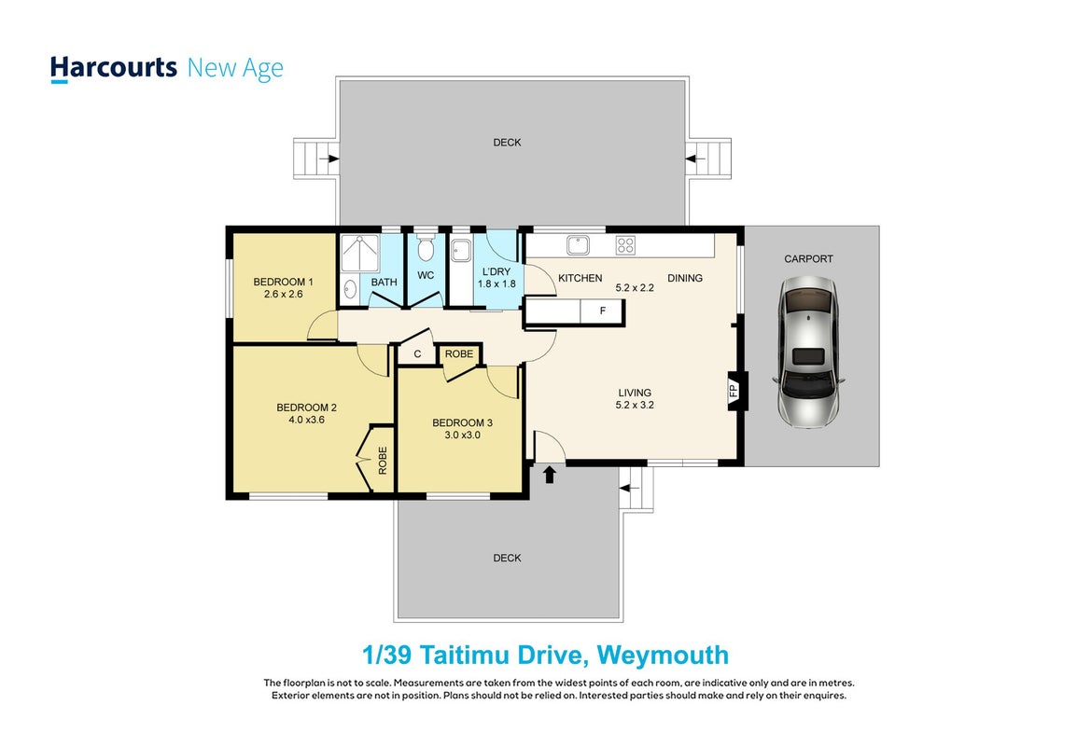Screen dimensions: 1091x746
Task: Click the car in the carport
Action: coord(808,352)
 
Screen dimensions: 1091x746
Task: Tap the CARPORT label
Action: coord(808,258)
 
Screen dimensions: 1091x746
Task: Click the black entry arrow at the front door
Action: coord(550,474)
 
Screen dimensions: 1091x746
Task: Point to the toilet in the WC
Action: coord(426,248)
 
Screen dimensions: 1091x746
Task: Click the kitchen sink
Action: coord(578,244)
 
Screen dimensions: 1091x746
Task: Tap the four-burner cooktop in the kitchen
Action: coord(624,244)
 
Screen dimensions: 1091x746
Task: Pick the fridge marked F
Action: coord(603,311)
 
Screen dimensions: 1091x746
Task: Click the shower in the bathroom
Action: coord(359,253)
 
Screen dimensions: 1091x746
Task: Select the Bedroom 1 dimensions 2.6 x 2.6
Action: coord(283,294)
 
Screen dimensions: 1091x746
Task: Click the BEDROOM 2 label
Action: coord(307,408)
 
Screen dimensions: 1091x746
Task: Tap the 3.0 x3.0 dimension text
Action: coord(463,435)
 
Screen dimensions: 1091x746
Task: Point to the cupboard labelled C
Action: coord(417,353)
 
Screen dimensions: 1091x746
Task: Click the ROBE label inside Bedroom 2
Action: coord(382,461)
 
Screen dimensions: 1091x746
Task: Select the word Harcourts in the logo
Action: coord(114,68)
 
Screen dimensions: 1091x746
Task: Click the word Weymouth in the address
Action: coord(663,655)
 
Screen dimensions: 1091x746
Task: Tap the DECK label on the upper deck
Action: coord(507,143)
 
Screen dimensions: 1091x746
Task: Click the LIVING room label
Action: coord(635,393)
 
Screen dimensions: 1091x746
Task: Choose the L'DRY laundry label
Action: coord(497,272)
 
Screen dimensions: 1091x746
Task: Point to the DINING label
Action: coord(685,278)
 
